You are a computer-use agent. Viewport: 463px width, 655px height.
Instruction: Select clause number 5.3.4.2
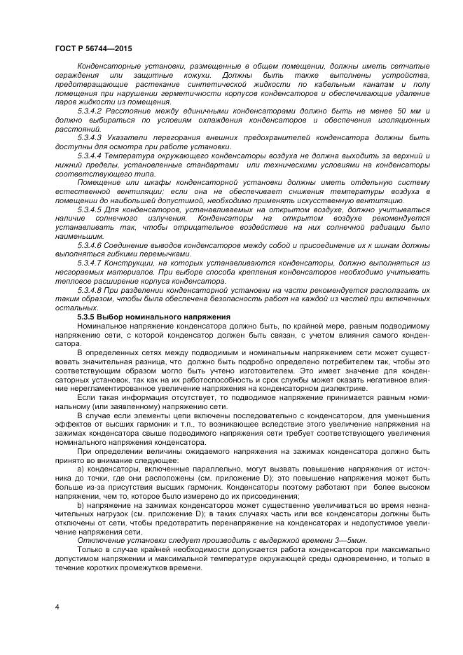click(x=90, y=111)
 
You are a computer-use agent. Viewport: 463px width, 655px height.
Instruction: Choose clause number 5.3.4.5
click(x=90, y=209)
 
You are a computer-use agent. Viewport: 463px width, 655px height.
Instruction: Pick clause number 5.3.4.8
click(x=90, y=290)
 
